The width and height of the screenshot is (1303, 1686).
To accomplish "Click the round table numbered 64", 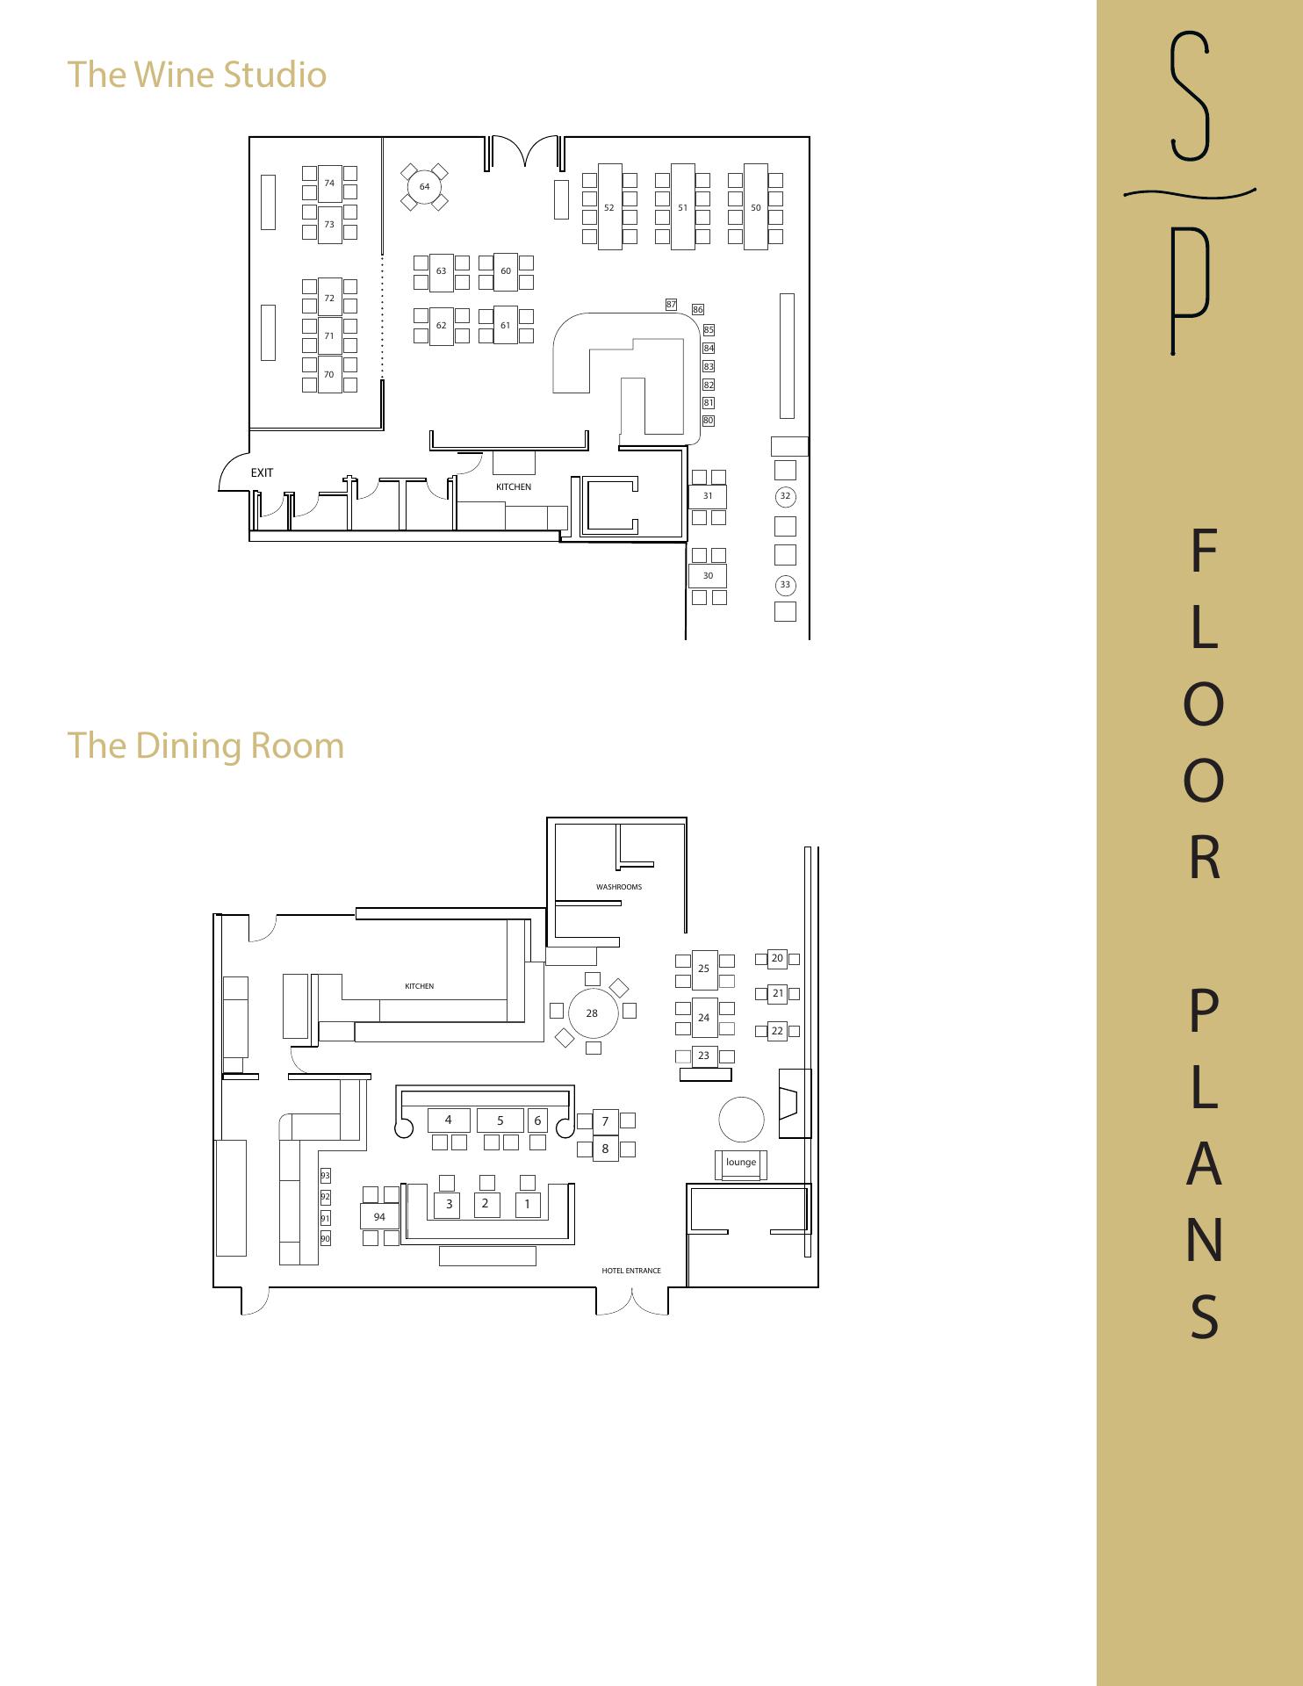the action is [424, 186].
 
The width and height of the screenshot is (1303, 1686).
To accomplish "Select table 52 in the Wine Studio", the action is [609, 206].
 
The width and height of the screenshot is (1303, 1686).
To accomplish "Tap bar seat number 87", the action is [671, 305].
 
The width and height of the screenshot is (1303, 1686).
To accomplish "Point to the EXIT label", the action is [262, 472].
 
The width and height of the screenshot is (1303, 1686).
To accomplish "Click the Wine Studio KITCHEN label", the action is [514, 486].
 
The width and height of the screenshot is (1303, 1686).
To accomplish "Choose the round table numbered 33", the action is [785, 585].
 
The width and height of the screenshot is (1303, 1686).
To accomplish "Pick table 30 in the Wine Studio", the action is [708, 576].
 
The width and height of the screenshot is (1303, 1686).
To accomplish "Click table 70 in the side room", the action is [329, 374].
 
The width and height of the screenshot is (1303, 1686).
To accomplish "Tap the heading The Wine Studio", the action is [197, 75].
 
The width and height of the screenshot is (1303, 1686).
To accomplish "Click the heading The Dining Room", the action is [205, 746].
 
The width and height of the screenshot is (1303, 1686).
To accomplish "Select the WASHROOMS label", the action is [619, 887].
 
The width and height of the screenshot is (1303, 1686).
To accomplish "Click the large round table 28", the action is [593, 1013].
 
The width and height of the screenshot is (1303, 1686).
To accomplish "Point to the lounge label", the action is [741, 1162].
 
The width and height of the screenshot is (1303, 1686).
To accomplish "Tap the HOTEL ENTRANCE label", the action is [631, 1271].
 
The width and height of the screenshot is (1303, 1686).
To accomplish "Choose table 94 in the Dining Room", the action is [379, 1216].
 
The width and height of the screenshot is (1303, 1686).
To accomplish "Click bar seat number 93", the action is [325, 1176].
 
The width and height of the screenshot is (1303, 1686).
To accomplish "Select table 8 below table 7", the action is [605, 1148].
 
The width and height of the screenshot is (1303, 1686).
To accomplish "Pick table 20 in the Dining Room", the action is [777, 958].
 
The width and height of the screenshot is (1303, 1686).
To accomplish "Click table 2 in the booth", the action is [486, 1204].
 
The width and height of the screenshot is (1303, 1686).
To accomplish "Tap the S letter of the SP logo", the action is [1191, 97].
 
